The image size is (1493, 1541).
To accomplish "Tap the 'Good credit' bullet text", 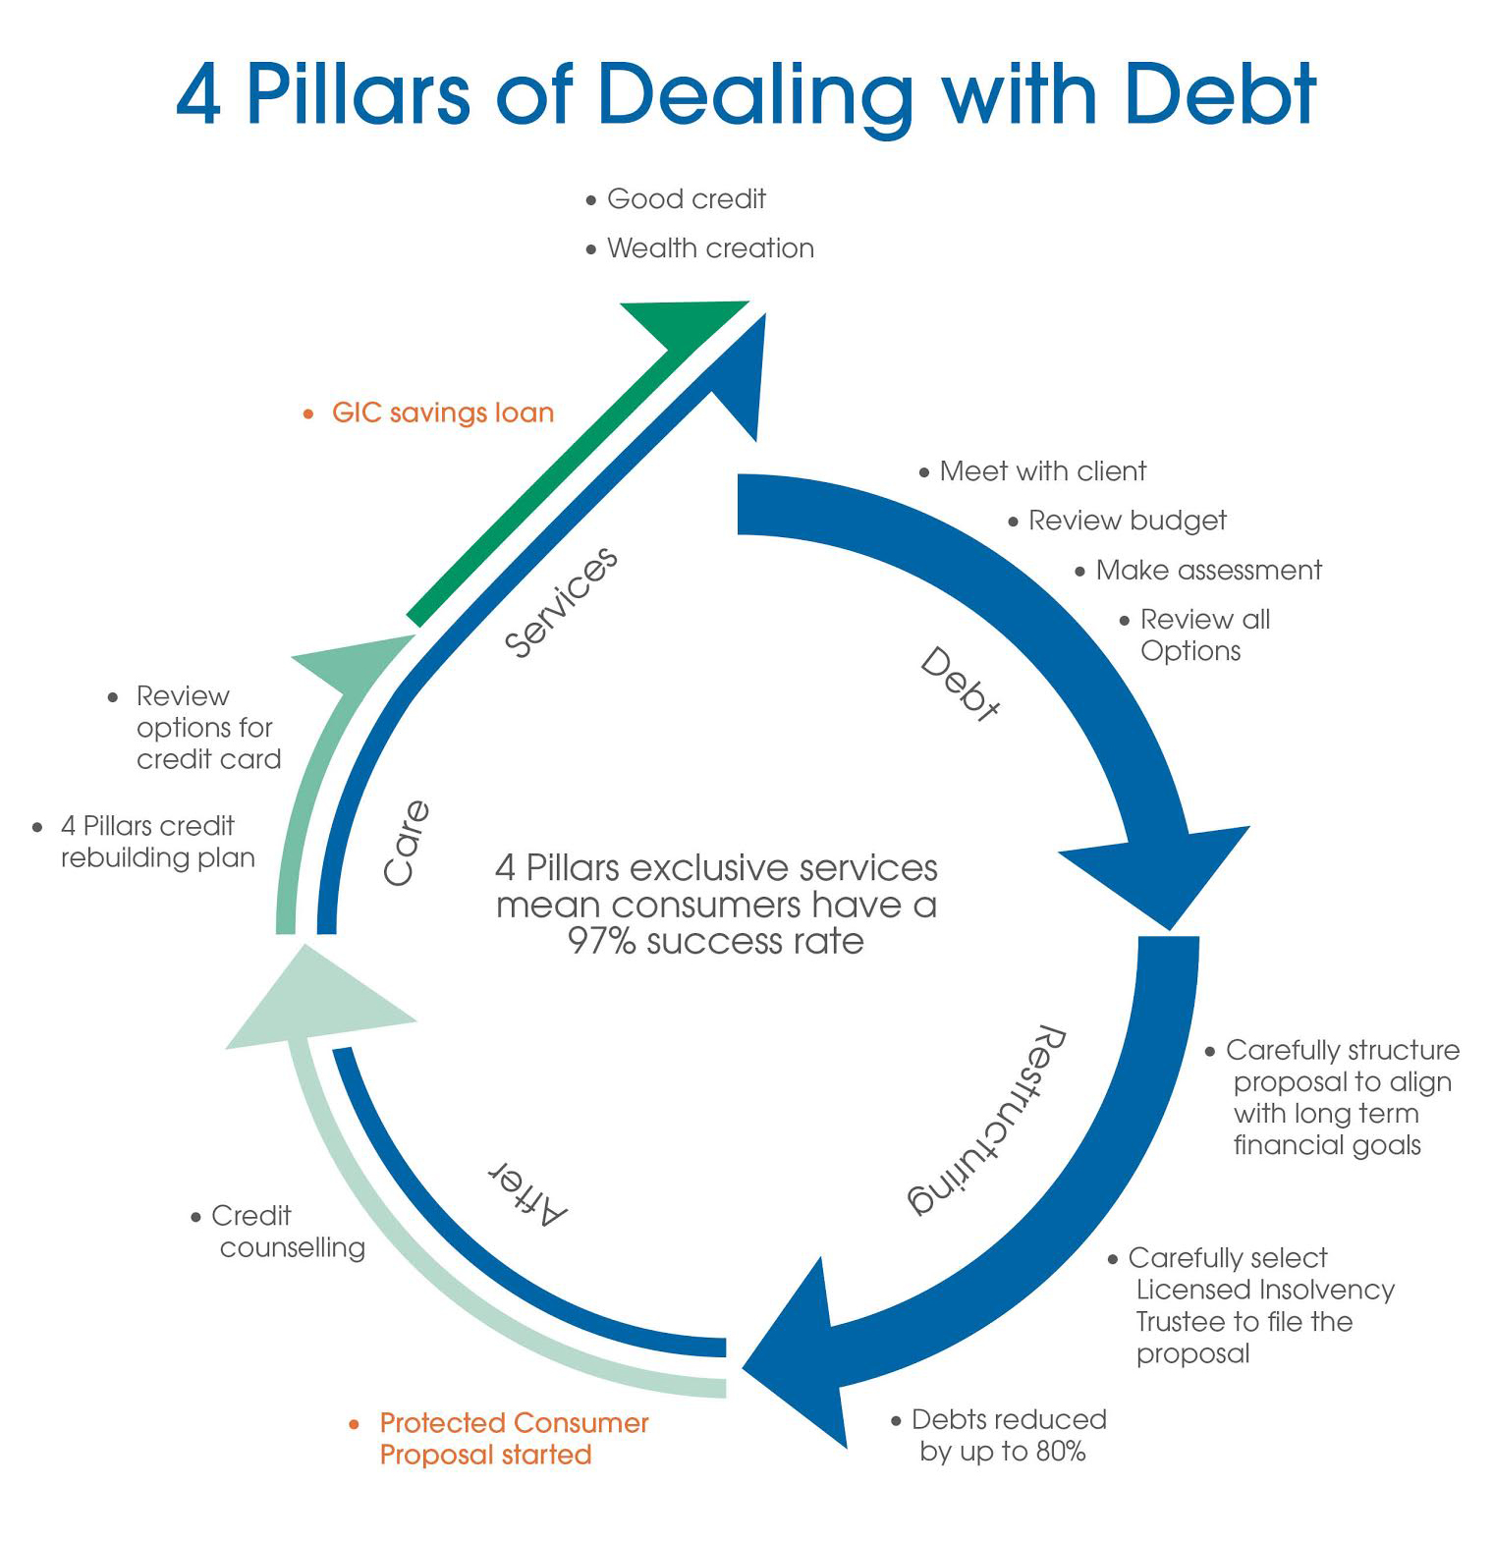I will click(x=686, y=199).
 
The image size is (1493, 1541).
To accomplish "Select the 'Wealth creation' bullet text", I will click(x=710, y=248).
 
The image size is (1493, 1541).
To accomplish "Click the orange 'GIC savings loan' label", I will click(x=442, y=413).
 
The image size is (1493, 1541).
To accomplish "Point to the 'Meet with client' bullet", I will click(x=1042, y=471).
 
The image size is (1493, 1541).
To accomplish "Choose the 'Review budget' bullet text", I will click(x=1127, y=521).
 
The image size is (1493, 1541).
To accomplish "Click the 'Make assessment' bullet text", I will click(x=1208, y=571).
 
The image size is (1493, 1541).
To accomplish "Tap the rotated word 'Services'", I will click(x=561, y=601).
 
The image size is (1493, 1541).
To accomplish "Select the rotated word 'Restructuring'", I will click(x=985, y=1120).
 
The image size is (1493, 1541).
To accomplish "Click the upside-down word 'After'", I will click(x=528, y=1193).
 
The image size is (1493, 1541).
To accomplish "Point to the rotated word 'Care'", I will click(x=406, y=843).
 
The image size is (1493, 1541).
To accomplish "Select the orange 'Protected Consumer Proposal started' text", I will click(x=513, y=1438).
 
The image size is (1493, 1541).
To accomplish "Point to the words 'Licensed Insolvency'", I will click(x=1265, y=1290).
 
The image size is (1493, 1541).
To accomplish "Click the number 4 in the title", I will click(x=199, y=95).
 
